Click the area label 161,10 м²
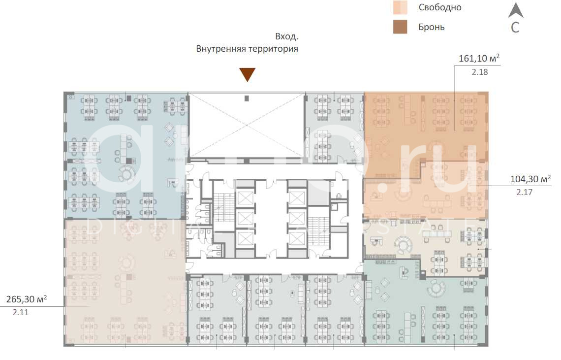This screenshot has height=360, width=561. point(479,59)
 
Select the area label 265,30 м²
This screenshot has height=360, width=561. point(27,299)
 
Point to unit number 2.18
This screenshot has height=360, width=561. point(480,72)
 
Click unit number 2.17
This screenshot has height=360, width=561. point(525,193)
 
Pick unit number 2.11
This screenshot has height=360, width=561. point(21,312)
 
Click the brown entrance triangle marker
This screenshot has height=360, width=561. point(247,75)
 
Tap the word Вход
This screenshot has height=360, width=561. point(286,37)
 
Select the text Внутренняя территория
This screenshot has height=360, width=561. point(247,49)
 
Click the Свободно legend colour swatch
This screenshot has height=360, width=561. point(400,7)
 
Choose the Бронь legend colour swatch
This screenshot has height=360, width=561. point(400,27)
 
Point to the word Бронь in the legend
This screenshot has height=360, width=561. point(432,27)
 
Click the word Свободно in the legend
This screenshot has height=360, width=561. point(440,7)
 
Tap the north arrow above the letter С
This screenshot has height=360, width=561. point(515,10)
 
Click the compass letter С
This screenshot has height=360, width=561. point(515,28)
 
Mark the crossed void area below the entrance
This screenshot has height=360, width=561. point(247,125)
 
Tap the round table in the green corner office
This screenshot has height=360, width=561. point(436,288)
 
